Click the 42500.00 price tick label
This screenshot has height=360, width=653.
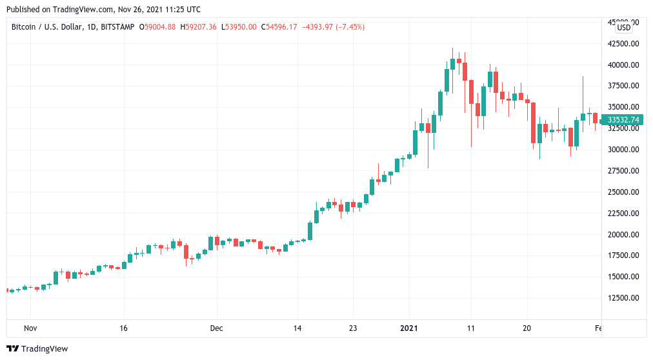[x=623, y=44]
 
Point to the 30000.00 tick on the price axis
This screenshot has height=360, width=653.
[x=623, y=150]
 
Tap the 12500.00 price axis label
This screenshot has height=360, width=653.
[x=623, y=298]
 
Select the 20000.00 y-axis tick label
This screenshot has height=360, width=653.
[x=623, y=235]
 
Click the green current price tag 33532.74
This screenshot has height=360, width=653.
[x=623, y=119]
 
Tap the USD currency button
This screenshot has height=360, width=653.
[x=624, y=28]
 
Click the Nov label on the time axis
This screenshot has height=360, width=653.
[x=30, y=328]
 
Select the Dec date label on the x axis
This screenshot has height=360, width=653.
[x=216, y=328]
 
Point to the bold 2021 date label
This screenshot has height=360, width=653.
[x=408, y=328]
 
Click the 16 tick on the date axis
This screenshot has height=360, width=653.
[x=124, y=328]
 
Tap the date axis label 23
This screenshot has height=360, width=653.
[x=352, y=328]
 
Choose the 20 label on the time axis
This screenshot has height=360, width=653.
[x=526, y=328]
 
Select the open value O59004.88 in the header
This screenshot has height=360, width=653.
[x=157, y=27]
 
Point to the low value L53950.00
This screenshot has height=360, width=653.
[x=239, y=27]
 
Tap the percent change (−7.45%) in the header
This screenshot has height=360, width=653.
[x=347, y=27]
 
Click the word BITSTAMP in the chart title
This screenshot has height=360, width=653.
[x=118, y=27]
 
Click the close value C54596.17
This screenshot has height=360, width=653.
[x=279, y=27]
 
